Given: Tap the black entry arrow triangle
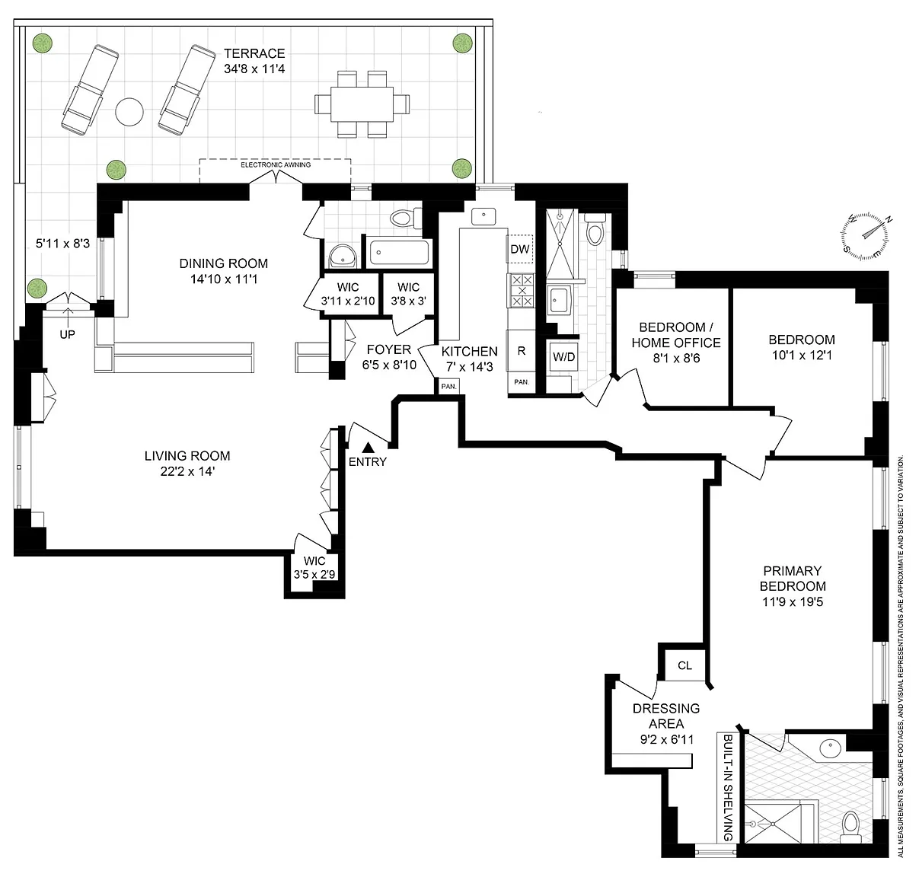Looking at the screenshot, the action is [369, 448].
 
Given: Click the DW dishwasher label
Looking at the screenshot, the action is [520, 249].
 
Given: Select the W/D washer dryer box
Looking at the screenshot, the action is [563, 357].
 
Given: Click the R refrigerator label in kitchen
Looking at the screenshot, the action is [522, 351].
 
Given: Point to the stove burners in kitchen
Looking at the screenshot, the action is [522, 290].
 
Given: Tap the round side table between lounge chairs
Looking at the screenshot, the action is [129, 112].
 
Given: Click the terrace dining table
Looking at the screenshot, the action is [362, 104].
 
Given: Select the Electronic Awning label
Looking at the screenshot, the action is [276, 164].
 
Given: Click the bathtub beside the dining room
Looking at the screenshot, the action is [400, 253].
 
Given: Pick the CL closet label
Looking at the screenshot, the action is [684, 665].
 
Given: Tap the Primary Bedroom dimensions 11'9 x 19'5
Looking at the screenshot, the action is [793, 602].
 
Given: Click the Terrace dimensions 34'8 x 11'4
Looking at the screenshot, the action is [254, 69].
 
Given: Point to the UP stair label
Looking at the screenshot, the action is [67, 335].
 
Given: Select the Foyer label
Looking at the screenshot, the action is [389, 349].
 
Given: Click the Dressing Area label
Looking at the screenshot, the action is [666, 716].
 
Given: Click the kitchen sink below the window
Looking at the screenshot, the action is [483, 217].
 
